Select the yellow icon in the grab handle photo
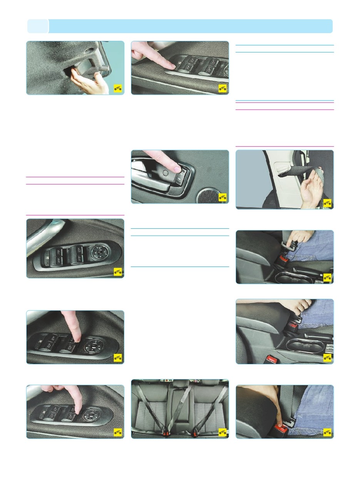click(118, 89)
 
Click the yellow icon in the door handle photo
click(223, 198)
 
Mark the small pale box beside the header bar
click(38, 26)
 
